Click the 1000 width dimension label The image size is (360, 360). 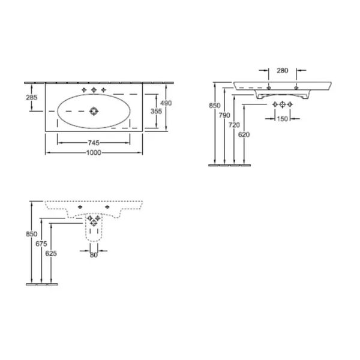click(94, 152)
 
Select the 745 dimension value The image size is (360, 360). click(94, 143)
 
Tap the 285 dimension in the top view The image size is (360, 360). click(31, 98)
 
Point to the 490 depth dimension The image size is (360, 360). click(166, 103)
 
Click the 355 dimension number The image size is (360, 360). click(156, 112)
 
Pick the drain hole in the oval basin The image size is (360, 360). click(94, 112)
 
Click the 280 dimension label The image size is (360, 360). click(283, 70)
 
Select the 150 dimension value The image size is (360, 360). click(283, 119)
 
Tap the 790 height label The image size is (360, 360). click(224, 115)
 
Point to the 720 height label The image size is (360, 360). click(234, 125)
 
